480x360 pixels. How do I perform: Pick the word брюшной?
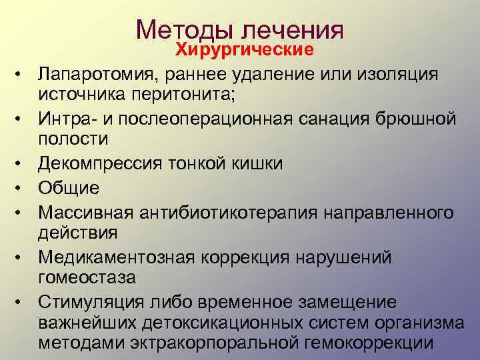point(411,119)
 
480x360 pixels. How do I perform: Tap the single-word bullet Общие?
point(69,188)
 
